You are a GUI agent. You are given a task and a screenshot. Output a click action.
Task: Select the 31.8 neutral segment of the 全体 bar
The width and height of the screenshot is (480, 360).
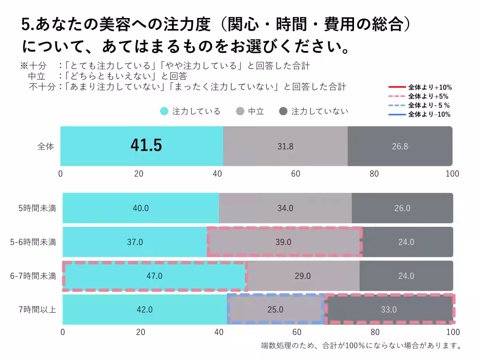(x=285, y=146)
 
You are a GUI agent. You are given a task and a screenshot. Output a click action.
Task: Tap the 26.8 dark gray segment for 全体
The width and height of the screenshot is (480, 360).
(x=400, y=146)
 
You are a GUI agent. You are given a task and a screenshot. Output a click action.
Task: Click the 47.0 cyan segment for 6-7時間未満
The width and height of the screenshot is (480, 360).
(x=154, y=276)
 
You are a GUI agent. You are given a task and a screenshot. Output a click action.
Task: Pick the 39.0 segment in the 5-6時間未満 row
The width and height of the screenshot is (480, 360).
(x=284, y=242)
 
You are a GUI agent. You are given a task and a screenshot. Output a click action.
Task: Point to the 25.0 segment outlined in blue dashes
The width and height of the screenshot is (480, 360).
(x=275, y=310)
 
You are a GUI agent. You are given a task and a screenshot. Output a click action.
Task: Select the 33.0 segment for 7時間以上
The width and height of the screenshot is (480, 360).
(x=390, y=310)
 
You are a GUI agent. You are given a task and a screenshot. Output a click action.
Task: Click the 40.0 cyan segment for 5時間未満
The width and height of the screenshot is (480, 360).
(x=140, y=208)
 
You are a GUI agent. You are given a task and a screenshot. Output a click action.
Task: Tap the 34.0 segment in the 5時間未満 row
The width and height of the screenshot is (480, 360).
(x=285, y=208)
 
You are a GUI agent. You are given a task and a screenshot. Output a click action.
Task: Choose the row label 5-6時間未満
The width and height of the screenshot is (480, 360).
(x=33, y=242)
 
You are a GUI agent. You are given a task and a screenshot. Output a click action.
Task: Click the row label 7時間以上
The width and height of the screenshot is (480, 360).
(x=39, y=310)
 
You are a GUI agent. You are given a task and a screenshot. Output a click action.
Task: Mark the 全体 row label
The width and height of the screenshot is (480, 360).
(x=45, y=146)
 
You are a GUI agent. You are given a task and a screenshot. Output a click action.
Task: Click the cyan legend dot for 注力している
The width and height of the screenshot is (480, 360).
(x=164, y=112)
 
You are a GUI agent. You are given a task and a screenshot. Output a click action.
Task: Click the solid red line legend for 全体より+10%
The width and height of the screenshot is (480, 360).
(x=397, y=87)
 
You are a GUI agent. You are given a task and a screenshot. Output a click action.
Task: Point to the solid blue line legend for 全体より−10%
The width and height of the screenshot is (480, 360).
(x=397, y=115)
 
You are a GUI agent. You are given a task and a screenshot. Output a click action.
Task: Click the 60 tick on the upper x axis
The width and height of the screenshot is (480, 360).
(x=296, y=174)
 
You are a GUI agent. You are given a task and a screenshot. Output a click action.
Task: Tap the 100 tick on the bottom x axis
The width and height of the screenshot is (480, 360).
(x=453, y=332)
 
